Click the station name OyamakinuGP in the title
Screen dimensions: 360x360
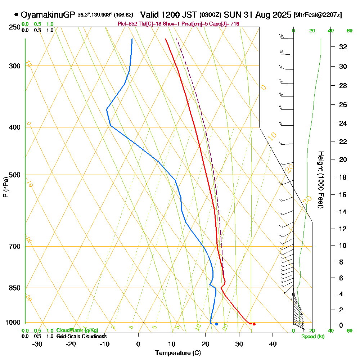point(48,15)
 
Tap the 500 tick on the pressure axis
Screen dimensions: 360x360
point(15,175)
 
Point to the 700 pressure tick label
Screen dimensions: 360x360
point(15,247)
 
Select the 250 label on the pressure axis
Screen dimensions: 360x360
point(15,27)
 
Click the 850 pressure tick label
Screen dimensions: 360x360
point(15,288)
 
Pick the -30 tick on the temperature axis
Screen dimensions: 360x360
point(37,344)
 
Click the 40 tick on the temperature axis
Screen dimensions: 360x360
point(273,344)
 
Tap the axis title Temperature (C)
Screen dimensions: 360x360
point(178,353)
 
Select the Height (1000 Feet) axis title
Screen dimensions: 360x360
point(320,180)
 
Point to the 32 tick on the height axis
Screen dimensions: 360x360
point(343,47)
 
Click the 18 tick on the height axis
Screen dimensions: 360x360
point(343,177)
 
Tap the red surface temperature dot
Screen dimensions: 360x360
point(254,324)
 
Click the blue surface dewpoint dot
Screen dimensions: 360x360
point(216,324)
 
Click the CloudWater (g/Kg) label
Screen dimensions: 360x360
point(77,330)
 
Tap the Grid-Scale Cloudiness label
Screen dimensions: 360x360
point(81,336)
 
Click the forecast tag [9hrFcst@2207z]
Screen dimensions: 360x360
point(318,15)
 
